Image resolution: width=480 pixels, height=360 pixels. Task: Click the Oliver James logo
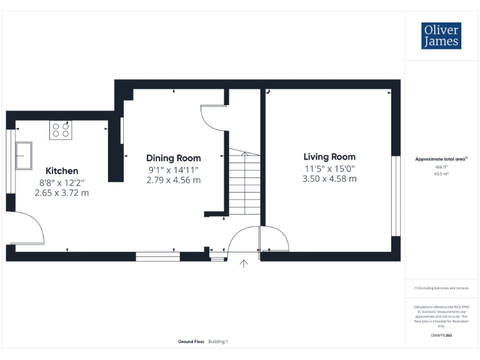coord(442,36)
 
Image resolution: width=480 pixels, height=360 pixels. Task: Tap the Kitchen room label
coord(62,171)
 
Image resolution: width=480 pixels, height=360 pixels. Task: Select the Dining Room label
coord(174,158)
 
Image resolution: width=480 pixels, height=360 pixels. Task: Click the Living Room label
coord(329,157)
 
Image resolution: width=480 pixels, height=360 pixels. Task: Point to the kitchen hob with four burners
coord(61,130)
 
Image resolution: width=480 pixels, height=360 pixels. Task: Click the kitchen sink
coord(24,155)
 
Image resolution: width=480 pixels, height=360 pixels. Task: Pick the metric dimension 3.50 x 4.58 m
coord(329,179)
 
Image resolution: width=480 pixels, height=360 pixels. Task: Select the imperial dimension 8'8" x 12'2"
coord(61,182)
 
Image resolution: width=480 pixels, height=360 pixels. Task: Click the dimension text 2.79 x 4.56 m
coord(174,180)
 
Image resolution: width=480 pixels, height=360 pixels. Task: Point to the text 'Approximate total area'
coord(441,159)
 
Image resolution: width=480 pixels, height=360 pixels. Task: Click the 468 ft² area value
coord(441,167)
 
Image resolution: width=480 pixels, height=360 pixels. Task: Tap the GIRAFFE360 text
coord(441,336)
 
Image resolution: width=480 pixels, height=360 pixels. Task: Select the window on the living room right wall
coord(395,196)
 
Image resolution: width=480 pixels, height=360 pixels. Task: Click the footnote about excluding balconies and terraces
coord(441,288)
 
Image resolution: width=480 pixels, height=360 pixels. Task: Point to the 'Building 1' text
coord(218,341)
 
